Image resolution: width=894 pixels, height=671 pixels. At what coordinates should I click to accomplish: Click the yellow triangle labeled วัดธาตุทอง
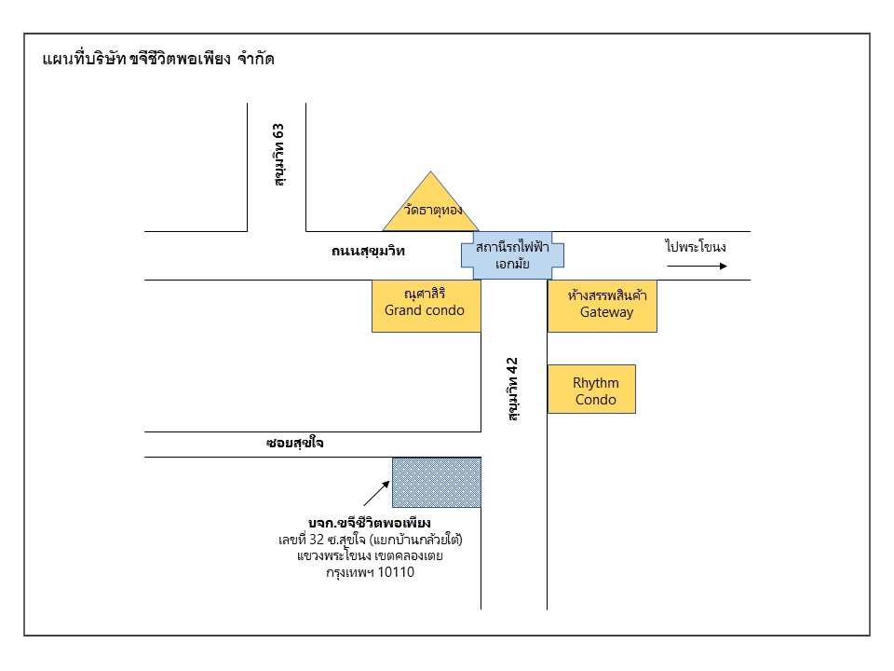430,209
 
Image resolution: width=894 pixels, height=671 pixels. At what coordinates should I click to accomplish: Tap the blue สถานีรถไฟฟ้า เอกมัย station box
512,255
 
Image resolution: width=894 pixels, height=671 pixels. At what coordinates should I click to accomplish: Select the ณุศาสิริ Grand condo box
426,305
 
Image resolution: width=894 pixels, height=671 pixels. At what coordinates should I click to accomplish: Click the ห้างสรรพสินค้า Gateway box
602,305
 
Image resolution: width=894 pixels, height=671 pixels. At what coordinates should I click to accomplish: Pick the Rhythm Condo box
591,389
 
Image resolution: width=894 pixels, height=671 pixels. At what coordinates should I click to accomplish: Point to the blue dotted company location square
436,482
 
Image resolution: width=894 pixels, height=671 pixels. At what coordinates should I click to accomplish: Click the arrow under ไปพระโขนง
696,266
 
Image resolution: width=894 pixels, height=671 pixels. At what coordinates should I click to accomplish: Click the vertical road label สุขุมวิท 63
278,154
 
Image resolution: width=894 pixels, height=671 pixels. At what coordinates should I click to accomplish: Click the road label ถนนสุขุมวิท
369,252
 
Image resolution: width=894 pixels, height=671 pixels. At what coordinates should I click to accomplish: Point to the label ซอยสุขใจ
294,444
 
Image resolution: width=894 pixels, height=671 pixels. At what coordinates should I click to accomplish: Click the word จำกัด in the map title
255,60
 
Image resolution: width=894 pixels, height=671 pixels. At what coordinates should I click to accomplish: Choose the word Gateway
606,312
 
